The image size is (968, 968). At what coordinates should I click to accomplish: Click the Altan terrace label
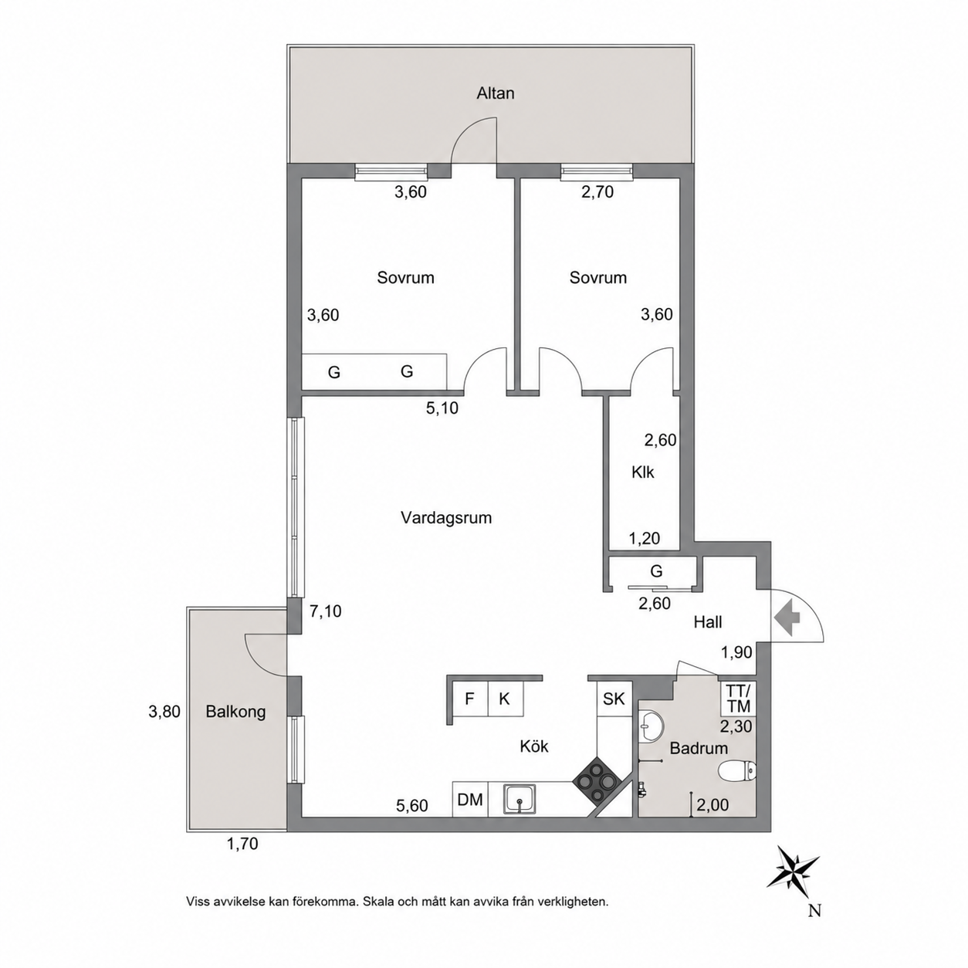point(496,93)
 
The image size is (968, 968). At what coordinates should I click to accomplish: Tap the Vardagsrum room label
point(446,518)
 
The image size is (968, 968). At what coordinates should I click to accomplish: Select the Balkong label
point(235,712)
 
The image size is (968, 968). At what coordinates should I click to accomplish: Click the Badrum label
point(699,748)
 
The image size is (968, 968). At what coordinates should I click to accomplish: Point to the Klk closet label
point(643,472)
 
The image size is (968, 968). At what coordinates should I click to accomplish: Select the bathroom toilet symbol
point(737,772)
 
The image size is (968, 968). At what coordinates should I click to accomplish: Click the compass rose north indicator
point(794,879)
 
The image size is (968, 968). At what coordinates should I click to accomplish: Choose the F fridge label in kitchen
point(469,699)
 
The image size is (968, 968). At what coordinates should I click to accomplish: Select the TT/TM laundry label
point(739,699)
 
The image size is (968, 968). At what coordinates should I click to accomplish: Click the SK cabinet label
point(614,699)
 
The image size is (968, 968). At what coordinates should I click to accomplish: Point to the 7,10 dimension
point(325,611)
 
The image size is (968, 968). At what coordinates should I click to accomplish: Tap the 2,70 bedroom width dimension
point(597,192)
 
